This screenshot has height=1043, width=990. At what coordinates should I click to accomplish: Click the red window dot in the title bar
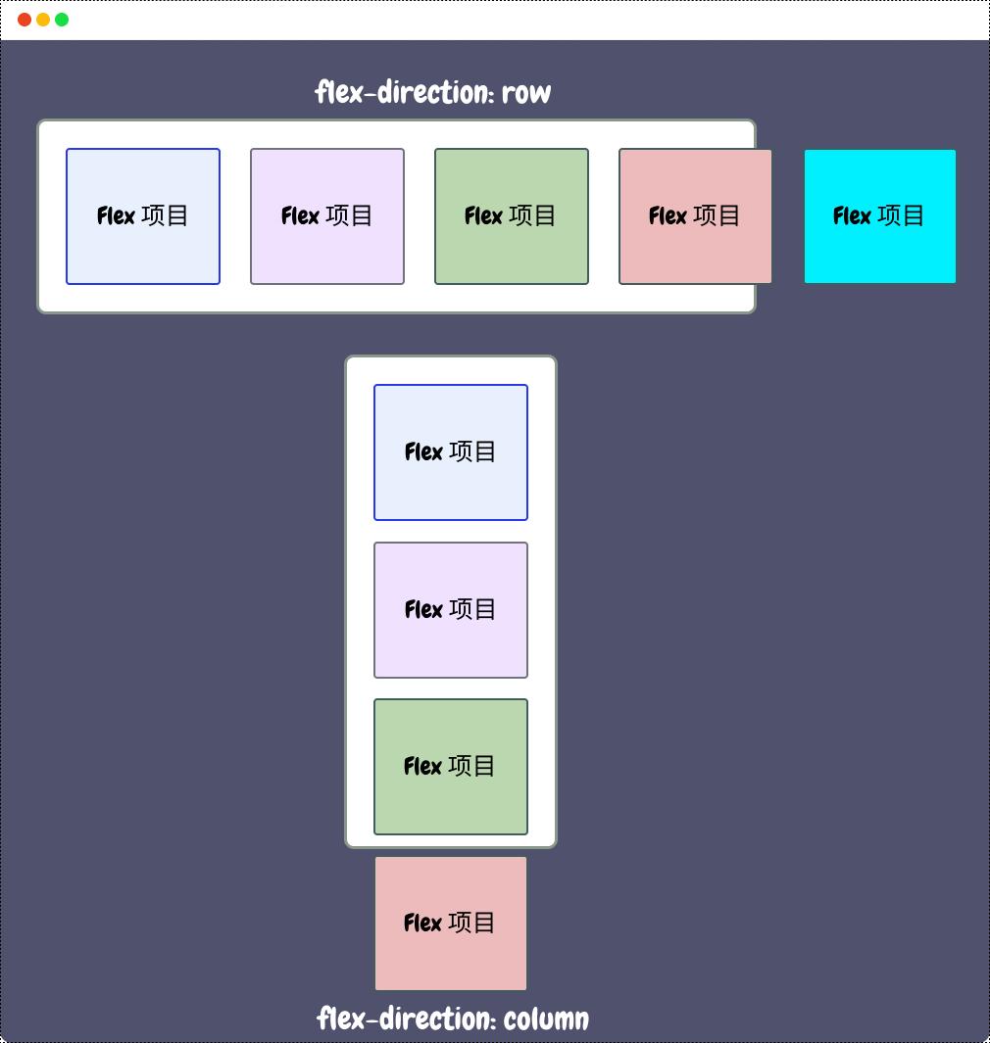tap(25, 20)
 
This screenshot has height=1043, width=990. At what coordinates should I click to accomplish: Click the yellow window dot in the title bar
tap(43, 20)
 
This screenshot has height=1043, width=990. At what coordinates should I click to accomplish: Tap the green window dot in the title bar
tap(62, 20)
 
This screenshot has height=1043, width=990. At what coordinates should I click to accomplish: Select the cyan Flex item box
tap(879, 216)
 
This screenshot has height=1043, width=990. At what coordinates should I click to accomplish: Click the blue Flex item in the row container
tap(143, 216)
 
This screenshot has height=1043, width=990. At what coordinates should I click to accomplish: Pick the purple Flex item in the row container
tap(327, 216)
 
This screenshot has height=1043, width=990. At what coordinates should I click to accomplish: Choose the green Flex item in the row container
tap(511, 216)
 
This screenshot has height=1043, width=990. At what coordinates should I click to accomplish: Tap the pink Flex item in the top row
tap(695, 216)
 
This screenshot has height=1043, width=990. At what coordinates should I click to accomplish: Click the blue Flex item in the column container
tap(451, 452)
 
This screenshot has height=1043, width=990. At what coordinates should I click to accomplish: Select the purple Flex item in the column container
tap(451, 610)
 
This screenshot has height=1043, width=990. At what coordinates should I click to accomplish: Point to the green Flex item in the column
tap(451, 767)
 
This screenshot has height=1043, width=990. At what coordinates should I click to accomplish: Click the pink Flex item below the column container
tap(451, 924)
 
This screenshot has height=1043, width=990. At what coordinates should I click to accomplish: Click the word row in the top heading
tap(526, 93)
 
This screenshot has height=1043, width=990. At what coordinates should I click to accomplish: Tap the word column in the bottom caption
tap(546, 1019)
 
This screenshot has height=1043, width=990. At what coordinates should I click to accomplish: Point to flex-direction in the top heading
tap(405, 93)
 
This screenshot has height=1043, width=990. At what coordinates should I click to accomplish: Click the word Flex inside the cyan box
tap(852, 216)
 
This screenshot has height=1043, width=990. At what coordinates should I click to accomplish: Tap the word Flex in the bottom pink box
tap(422, 924)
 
